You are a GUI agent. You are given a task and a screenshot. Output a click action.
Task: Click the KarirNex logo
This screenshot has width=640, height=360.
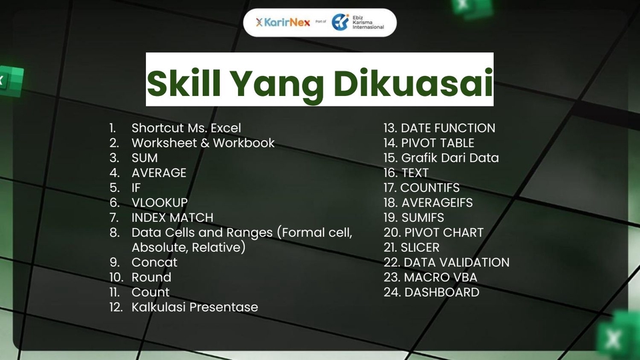pyautogui.click(x=283, y=22)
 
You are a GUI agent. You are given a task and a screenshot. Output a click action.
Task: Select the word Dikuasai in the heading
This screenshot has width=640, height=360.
pyautogui.click(x=413, y=81)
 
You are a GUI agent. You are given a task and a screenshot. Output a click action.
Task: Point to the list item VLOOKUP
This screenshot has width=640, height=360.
pyautogui.click(x=159, y=202)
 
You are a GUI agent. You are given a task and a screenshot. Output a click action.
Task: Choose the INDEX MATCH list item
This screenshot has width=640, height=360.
pyautogui.click(x=172, y=217)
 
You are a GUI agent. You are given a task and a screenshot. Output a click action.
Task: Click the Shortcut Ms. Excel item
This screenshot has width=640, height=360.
pyautogui.click(x=186, y=127)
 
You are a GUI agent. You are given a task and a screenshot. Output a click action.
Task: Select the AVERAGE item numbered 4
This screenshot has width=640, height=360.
pyautogui.click(x=159, y=173)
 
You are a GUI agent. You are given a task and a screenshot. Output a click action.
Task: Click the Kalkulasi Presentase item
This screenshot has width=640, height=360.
pyautogui.click(x=195, y=307)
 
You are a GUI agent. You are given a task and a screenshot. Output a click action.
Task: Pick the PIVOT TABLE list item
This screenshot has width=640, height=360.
pyautogui.click(x=437, y=143)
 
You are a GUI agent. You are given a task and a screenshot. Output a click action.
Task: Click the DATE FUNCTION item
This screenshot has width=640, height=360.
pyautogui.click(x=448, y=127)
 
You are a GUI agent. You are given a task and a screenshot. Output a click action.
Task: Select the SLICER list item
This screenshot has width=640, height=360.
pyautogui.click(x=420, y=247)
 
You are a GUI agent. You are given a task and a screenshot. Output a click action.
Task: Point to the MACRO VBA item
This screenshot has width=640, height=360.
pyautogui.click(x=440, y=277)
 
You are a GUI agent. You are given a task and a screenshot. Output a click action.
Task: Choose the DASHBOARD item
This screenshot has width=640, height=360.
pyautogui.click(x=441, y=292)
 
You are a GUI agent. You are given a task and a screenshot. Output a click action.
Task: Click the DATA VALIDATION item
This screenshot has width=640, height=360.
pyautogui.click(x=456, y=263)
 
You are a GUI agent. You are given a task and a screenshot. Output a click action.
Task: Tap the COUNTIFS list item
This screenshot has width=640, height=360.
pyautogui.click(x=430, y=187)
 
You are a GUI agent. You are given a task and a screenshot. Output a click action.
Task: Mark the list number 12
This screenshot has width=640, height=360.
pyautogui.click(x=116, y=307)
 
